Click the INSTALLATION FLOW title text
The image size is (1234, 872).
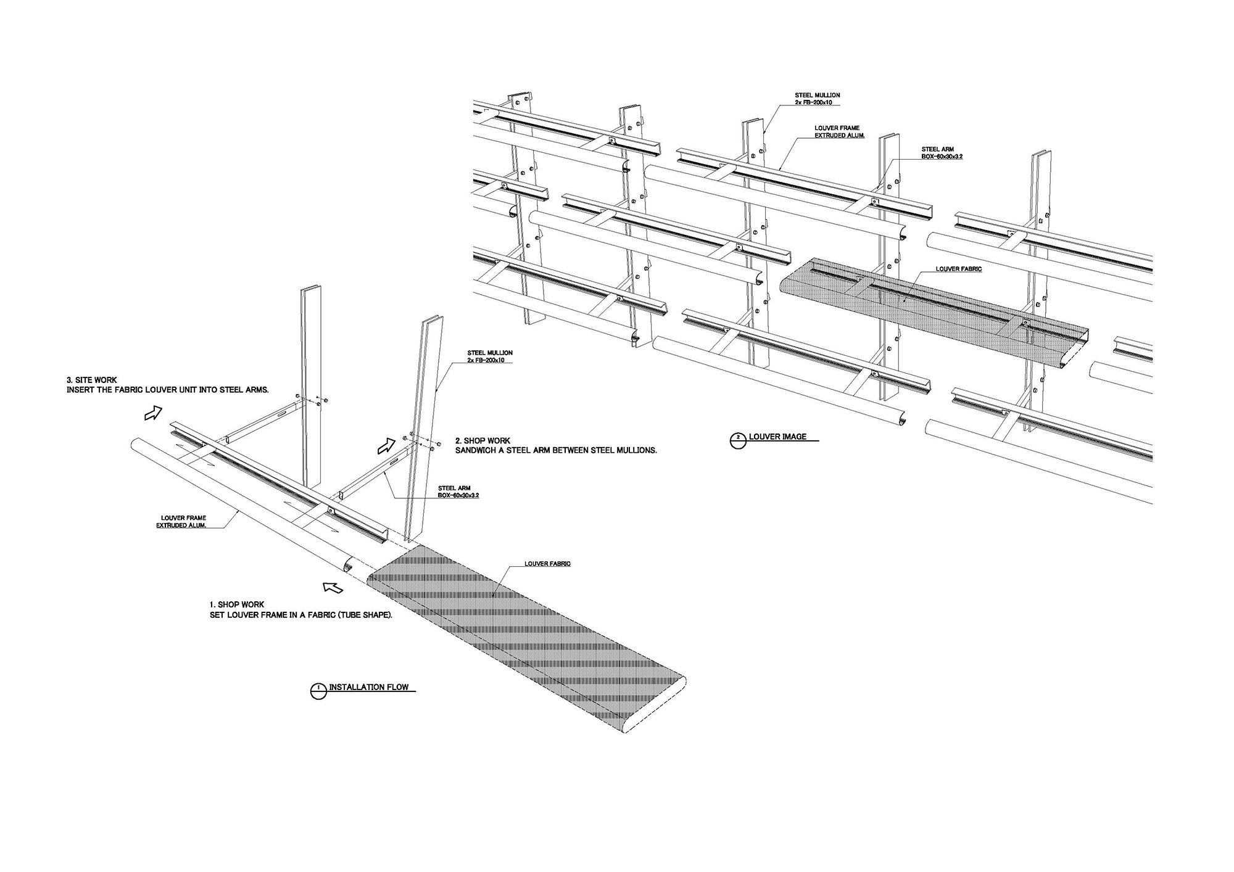click(x=368, y=687)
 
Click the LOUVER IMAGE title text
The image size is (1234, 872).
click(x=777, y=437)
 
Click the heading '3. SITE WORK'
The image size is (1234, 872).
click(x=92, y=380)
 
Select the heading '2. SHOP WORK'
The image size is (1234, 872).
click(x=482, y=441)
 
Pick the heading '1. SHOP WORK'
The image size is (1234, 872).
click(x=238, y=605)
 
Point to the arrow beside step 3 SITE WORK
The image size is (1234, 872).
click(x=152, y=413)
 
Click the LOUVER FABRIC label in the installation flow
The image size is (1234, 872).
click(x=547, y=564)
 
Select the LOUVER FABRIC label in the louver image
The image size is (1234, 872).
click(x=958, y=269)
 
